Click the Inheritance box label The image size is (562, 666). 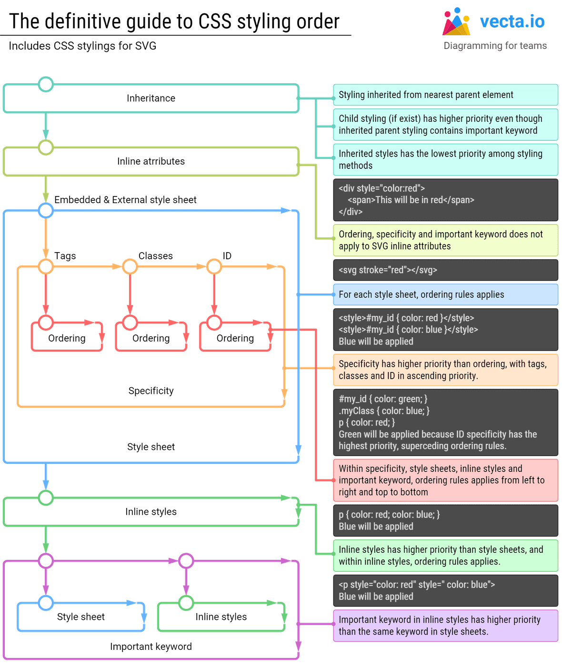tap(151, 98)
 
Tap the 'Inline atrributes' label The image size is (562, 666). tap(151, 161)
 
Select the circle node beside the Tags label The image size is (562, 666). tap(46, 266)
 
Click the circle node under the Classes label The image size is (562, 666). tap(130, 266)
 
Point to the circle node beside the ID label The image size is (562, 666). tap(214, 266)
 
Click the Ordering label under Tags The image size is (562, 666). tap(67, 338)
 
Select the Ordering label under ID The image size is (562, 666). tap(235, 338)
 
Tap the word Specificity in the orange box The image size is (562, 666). tap(151, 391)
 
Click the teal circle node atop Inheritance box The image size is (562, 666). tap(46, 85)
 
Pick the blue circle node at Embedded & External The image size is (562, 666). tap(46, 210)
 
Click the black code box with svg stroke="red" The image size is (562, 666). tap(445, 270)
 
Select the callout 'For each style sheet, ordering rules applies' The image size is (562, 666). tap(445, 294)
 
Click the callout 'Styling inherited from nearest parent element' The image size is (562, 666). tap(445, 95)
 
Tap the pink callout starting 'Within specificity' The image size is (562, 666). tap(445, 480)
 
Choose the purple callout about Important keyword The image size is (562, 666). tap(445, 626)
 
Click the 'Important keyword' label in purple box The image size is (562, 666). tap(151, 646)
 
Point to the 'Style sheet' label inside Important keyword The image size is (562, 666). tap(80, 617)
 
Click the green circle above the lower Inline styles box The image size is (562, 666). tap(186, 603)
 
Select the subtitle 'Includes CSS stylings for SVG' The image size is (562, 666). tap(82, 46)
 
